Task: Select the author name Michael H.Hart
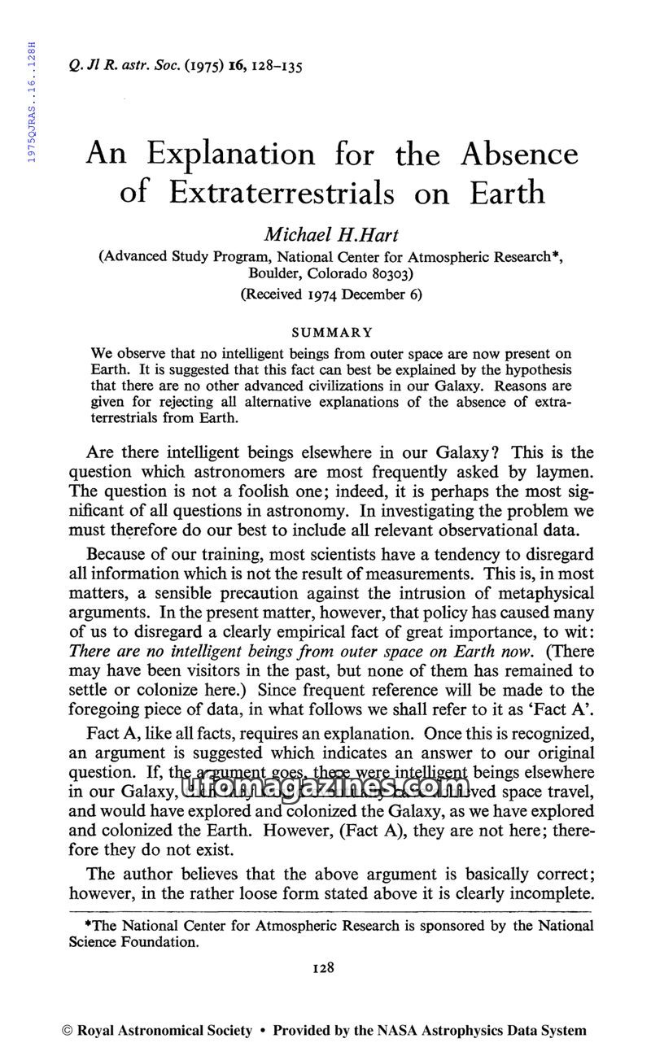coord(331,235)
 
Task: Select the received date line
coord(331,295)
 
